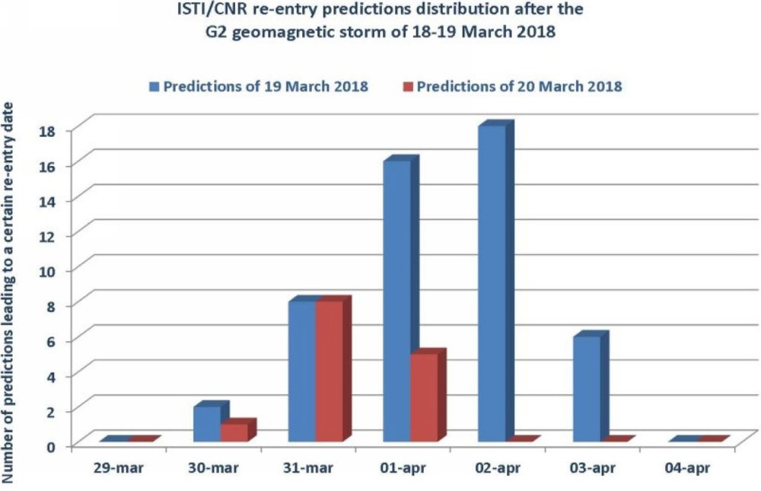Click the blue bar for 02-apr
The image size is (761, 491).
coord(495,282)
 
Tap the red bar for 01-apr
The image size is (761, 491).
coord(428,396)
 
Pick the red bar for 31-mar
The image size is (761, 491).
coord(333,370)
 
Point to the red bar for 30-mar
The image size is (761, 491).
coord(237,431)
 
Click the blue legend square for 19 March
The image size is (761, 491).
coord(154,87)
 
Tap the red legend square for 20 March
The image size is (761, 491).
coord(408,87)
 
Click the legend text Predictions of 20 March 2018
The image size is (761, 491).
coord(519,87)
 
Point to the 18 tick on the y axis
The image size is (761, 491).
coord(49,131)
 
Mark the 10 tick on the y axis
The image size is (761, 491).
coord(49,271)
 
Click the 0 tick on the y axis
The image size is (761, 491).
coord(53,446)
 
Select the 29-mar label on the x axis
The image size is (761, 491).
coord(119,468)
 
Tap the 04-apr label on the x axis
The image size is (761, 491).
coord(687,468)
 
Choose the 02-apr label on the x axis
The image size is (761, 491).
coord(498,468)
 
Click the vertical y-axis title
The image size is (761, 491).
coord(8,293)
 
